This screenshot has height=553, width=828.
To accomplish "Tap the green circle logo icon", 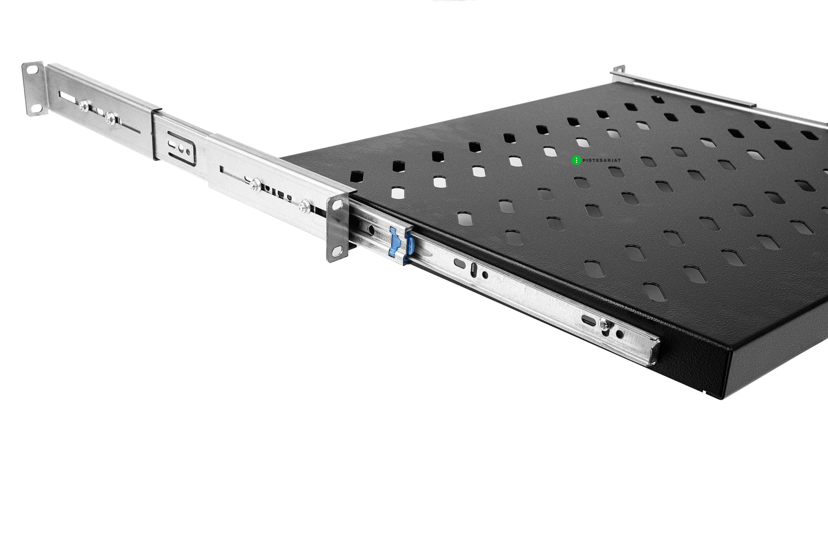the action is (576, 160).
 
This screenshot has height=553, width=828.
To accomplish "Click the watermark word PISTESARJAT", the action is (602, 160).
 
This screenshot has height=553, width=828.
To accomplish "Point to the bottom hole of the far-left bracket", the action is (37, 108).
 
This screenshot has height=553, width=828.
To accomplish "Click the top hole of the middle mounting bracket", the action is (338, 205).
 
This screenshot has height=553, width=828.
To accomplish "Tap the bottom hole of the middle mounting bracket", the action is (337, 252).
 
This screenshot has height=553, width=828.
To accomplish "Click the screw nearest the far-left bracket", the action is (84, 105).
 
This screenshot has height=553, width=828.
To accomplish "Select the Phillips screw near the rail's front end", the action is (605, 324).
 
